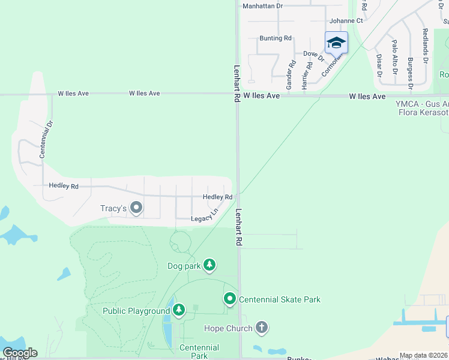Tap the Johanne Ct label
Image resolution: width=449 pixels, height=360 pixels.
pyautogui.click(x=346, y=20)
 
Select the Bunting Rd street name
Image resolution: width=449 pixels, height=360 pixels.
pyautogui.click(x=275, y=38)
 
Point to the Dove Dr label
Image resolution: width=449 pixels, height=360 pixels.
pyautogui.click(x=313, y=56)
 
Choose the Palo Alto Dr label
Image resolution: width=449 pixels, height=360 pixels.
pyautogui.click(x=394, y=57)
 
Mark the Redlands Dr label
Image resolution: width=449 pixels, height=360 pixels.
pyautogui.click(x=424, y=47)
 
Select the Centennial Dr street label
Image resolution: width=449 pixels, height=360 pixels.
pyautogui.click(x=43, y=139)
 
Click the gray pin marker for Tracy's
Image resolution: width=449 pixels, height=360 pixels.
pyautogui.click(x=136, y=208)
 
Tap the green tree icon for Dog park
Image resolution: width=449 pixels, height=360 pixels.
pyautogui.click(x=209, y=265)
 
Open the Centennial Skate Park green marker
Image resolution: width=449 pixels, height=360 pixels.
pyautogui.click(x=229, y=298)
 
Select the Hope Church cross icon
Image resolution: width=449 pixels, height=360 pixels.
pyautogui.click(x=261, y=328)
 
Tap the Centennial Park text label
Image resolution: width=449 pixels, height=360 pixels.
pyautogui.click(x=199, y=352)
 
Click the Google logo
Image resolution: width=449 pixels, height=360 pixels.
pyautogui.click(x=20, y=353)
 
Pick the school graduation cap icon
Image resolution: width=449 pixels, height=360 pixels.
pyautogui.click(x=336, y=43)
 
